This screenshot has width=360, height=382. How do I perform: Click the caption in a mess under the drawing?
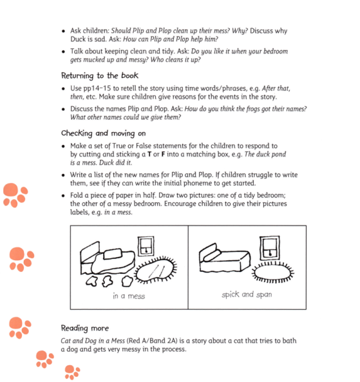point(128,296)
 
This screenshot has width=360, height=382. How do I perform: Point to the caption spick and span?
point(247,294)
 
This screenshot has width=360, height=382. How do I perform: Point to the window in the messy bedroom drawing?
point(147,245)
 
